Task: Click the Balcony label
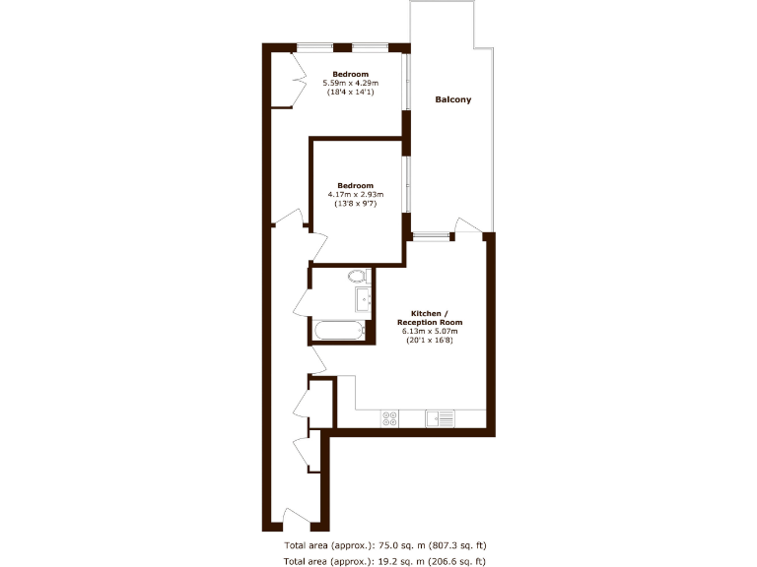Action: point(453,99)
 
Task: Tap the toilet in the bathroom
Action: point(358,277)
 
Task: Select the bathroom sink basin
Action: point(363,298)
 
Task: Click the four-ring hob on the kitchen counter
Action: point(389,417)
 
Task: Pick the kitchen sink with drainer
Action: point(440,417)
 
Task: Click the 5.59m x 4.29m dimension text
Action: point(350,84)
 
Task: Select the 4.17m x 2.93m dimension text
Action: point(356,195)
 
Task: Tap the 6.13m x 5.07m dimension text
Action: point(430,332)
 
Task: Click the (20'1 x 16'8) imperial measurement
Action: point(430,341)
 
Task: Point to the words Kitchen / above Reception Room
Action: point(430,314)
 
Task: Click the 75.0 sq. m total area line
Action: point(385,545)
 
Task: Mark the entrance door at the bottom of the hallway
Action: point(296,516)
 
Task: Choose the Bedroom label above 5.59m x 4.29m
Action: point(350,75)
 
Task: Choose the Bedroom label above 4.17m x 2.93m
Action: point(356,186)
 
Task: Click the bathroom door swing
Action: point(301,298)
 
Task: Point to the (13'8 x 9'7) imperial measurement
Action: point(356,204)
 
